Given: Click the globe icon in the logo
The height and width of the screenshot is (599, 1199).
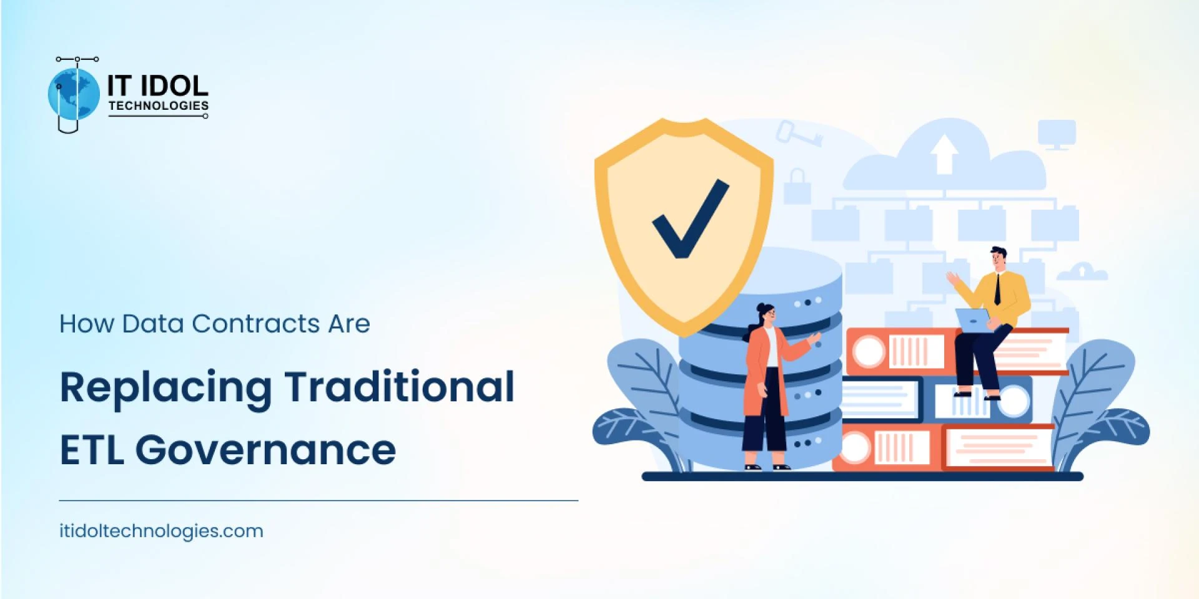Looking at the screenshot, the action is (74, 94).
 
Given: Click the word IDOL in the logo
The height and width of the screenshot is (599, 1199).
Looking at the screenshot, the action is (175, 86).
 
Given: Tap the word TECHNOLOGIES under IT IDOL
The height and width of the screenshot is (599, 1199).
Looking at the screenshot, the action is (159, 105).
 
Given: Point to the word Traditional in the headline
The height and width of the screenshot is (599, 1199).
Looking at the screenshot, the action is (400, 386).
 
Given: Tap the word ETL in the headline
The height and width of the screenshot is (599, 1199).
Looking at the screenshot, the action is (91, 450).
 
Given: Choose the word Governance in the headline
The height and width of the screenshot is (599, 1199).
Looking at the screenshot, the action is (265, 450).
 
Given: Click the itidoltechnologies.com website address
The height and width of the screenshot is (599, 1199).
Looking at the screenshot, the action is (161, 531).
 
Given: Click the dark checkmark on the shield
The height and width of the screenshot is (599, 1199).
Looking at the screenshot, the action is (690, 218).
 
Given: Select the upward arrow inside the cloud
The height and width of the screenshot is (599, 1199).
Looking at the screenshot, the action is (944, 153).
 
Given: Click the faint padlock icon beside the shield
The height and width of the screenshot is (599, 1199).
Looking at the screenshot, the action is (797, 186).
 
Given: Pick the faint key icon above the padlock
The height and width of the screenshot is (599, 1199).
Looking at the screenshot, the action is (799, 134).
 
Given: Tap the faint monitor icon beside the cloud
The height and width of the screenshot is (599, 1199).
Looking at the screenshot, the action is (1057, 135).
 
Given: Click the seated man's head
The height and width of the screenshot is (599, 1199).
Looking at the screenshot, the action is (997, 258).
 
